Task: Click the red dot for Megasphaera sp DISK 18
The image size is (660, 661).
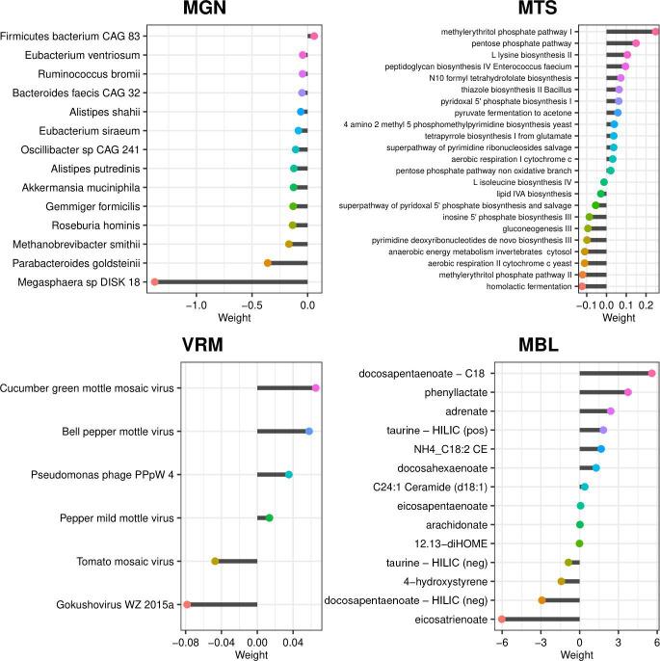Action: click(x=154, y=281)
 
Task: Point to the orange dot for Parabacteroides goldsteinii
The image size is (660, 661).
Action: click(x=268, y=262)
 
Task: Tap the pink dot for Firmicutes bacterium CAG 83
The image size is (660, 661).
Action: click(x=314, y=37)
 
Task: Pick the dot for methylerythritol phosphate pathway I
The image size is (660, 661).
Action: click(x=655, y=31)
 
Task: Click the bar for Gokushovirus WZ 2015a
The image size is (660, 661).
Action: click(x=222, y=604)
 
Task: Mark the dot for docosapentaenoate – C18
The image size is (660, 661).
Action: click(x=652, y=373)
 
